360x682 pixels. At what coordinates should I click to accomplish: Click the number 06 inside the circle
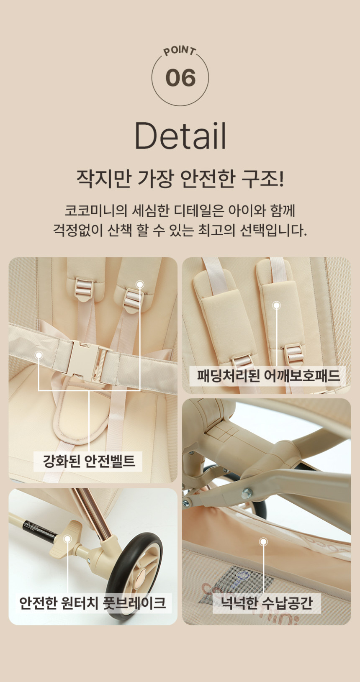(180, 78)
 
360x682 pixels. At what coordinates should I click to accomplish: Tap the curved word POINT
(180, 51)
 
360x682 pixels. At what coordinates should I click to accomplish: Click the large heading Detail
(180, 136)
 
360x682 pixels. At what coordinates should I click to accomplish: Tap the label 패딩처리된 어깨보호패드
(268, 375)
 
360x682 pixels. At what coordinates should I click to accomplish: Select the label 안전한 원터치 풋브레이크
(92, 603)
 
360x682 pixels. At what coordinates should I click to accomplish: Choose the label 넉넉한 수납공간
(267, 603)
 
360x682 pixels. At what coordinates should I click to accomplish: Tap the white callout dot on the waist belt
(39, 355)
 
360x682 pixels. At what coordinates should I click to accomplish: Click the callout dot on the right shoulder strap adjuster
(140, 285)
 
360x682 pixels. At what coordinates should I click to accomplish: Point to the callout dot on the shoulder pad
(276, 305)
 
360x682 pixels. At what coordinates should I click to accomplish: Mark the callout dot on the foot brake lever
(68, 539)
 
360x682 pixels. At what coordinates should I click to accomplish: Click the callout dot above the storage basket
(263, 542)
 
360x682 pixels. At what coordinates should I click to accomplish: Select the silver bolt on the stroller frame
(246, 492)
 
